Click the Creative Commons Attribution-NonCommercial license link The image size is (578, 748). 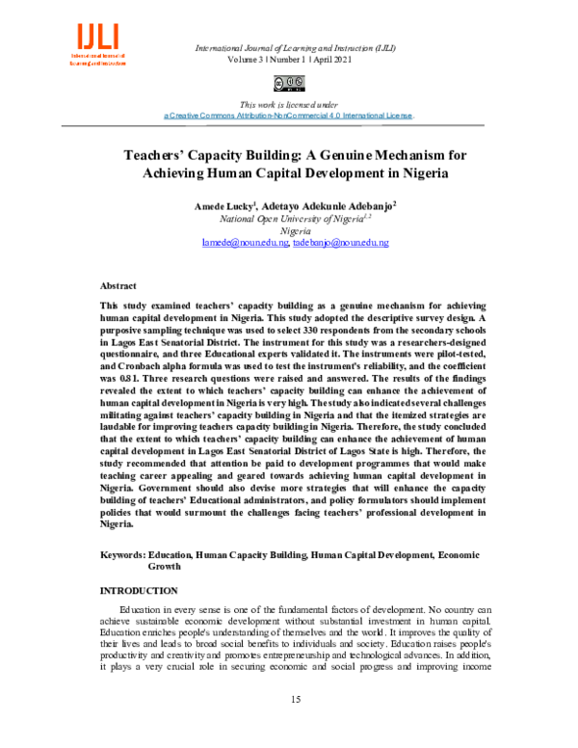289,115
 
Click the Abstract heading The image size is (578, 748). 118,286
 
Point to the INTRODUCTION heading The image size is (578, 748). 139,590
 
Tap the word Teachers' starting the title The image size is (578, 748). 161,153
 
